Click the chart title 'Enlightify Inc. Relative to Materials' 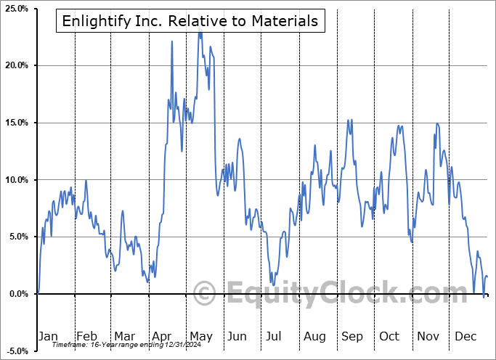point(191,21)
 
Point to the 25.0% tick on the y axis point(16,9)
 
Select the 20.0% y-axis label point(16,65)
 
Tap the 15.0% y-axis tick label point(16,123)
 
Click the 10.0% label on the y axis point(16,179)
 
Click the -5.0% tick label point(17,351)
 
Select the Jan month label point(48,336)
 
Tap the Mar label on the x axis point(124,336)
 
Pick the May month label point(200,336)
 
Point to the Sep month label point(352,336)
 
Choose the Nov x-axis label point(428,336)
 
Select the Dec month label point(465,336)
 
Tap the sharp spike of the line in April point(172,41)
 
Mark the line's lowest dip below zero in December point(484,296)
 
